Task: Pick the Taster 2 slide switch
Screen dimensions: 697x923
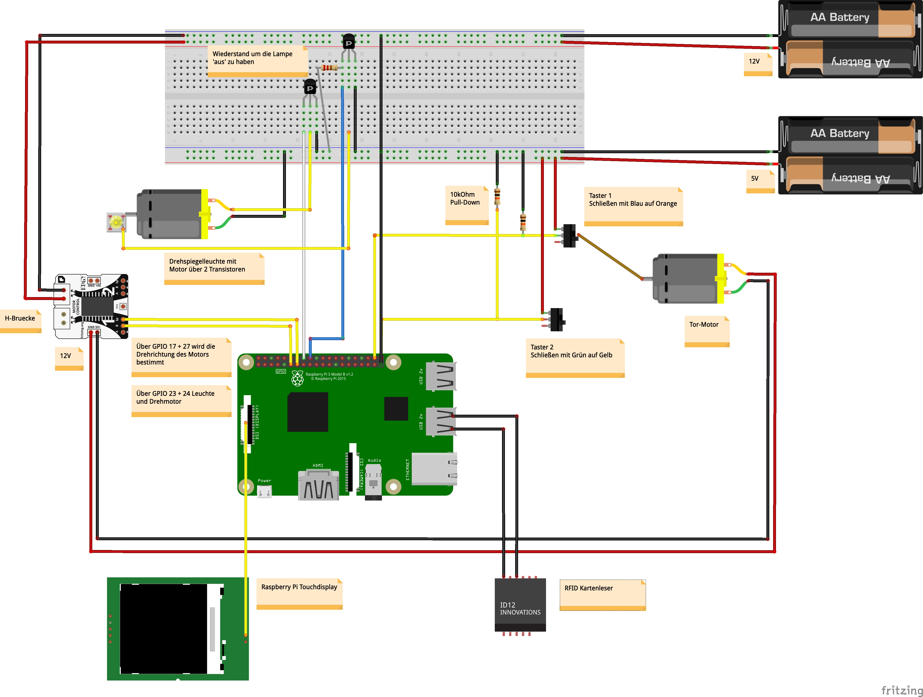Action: (557, 320)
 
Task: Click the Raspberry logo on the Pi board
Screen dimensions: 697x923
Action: (297, 378)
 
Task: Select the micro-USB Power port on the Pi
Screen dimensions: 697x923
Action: (264, 492)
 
